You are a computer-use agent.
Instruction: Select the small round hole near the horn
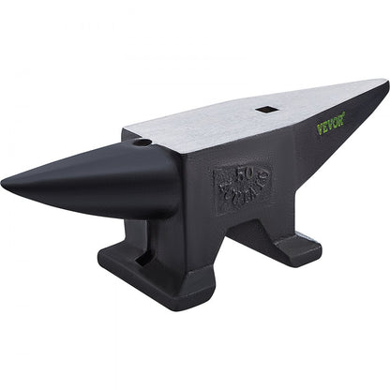(142, 144)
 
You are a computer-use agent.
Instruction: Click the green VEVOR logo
(330, 123)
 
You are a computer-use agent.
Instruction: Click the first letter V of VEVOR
(319, 129)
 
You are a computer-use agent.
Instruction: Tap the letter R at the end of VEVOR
(341, 116)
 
